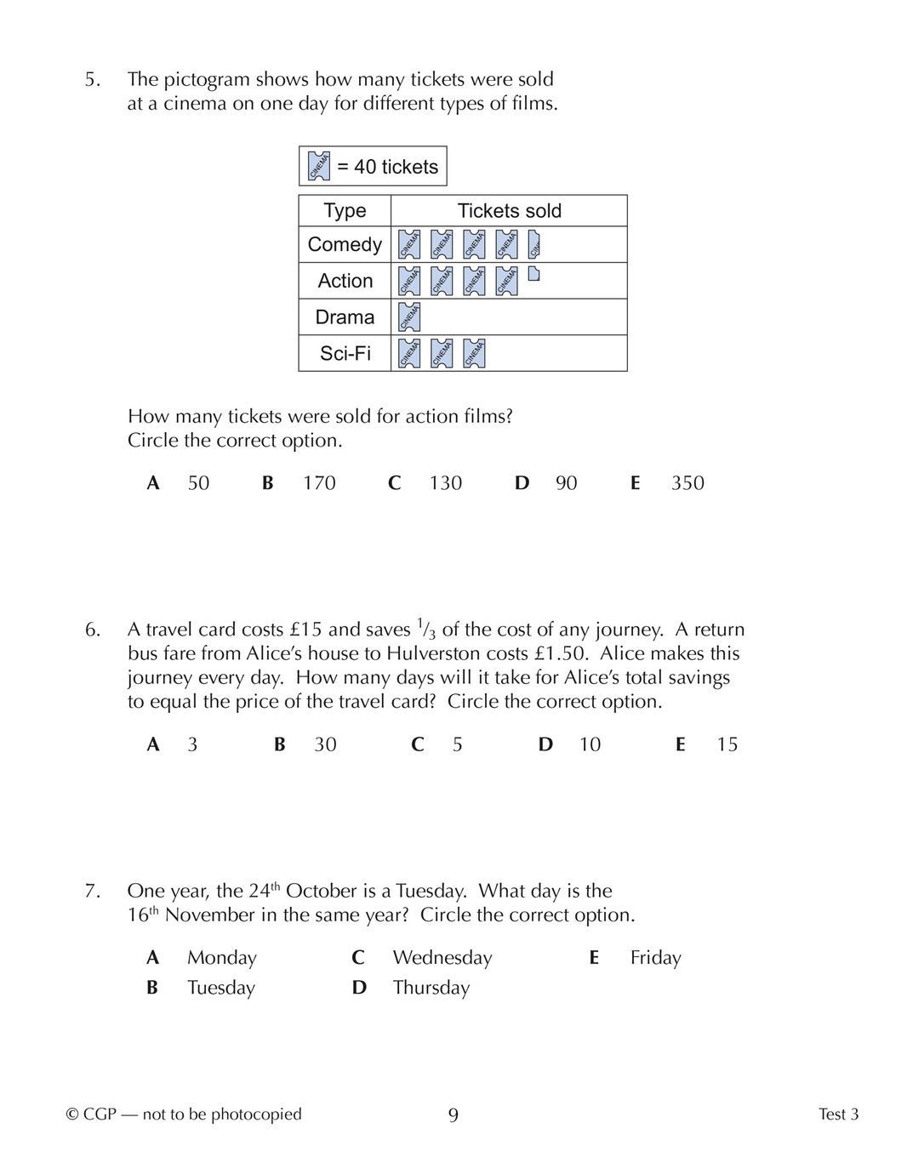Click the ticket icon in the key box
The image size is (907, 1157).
[318, 166]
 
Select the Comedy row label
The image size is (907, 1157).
[345, 245]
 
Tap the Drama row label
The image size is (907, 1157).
[345, 317]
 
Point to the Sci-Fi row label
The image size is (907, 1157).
[345, 353]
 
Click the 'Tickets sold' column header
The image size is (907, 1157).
[509, 211]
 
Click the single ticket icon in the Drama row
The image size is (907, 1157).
[409, 316]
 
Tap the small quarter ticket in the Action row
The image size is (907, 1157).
[533, 274]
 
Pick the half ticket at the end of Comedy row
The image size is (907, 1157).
[535, 244]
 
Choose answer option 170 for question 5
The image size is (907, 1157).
[319, 483]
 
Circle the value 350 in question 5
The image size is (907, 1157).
[687, 483]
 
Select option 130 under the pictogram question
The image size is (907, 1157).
[445, 483]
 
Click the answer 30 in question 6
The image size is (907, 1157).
[325, 744]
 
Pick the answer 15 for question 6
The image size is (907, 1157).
[727, 744]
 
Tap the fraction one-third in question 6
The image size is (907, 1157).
[425, 630]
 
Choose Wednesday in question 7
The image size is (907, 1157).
[442, 958]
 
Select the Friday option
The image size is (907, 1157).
[655, 958]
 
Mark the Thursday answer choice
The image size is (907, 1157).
[431, 988]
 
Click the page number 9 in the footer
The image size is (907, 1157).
[453, 1115]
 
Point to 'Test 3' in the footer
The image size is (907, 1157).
[838, 1114]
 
